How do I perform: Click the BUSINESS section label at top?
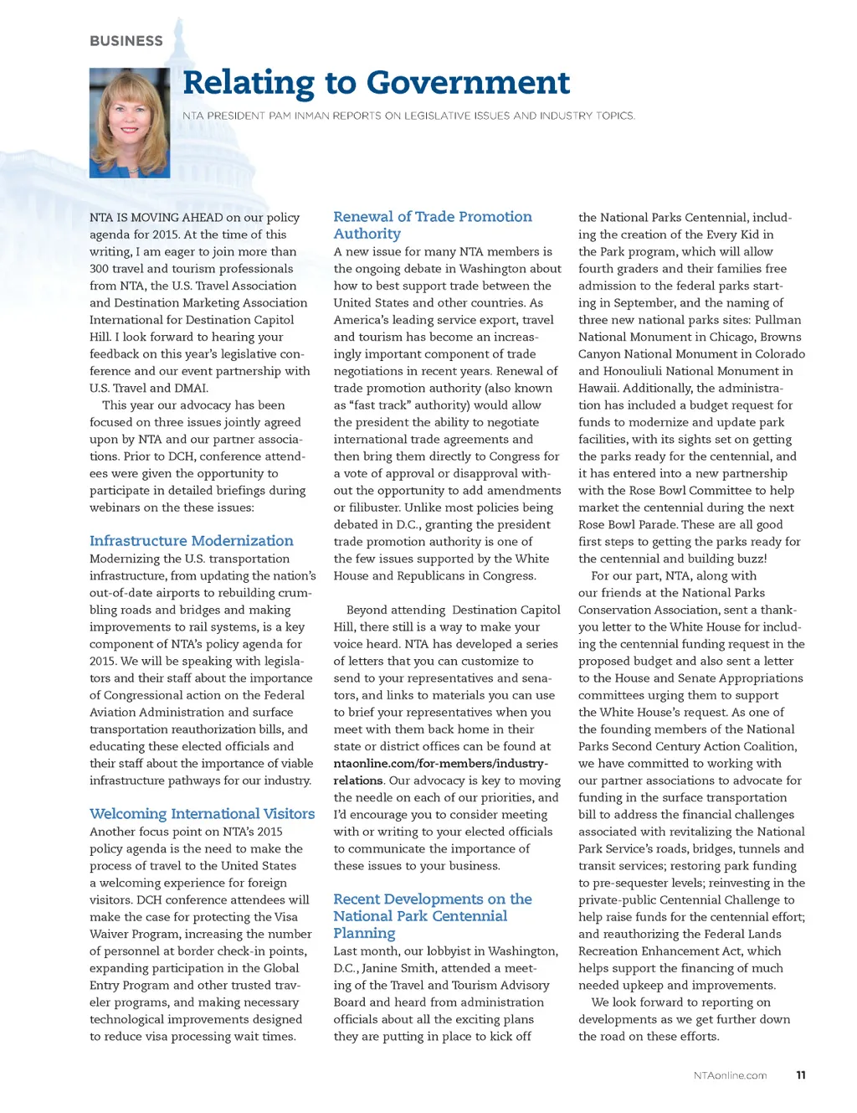126,41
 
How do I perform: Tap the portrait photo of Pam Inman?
130,122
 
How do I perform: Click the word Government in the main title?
468,82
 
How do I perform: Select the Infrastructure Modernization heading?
192,541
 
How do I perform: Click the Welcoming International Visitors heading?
203,814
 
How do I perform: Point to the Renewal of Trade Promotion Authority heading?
432,224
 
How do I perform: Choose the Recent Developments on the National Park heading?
432,915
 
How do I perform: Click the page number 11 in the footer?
801,1075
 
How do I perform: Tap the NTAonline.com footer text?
730,1075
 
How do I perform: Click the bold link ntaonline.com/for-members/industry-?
441,763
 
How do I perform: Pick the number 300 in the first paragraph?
100,269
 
